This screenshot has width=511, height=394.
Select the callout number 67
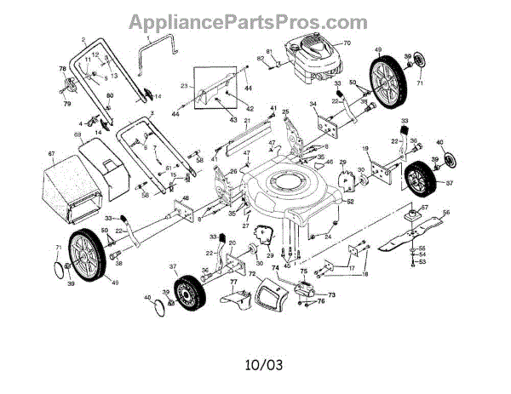point(51,154)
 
